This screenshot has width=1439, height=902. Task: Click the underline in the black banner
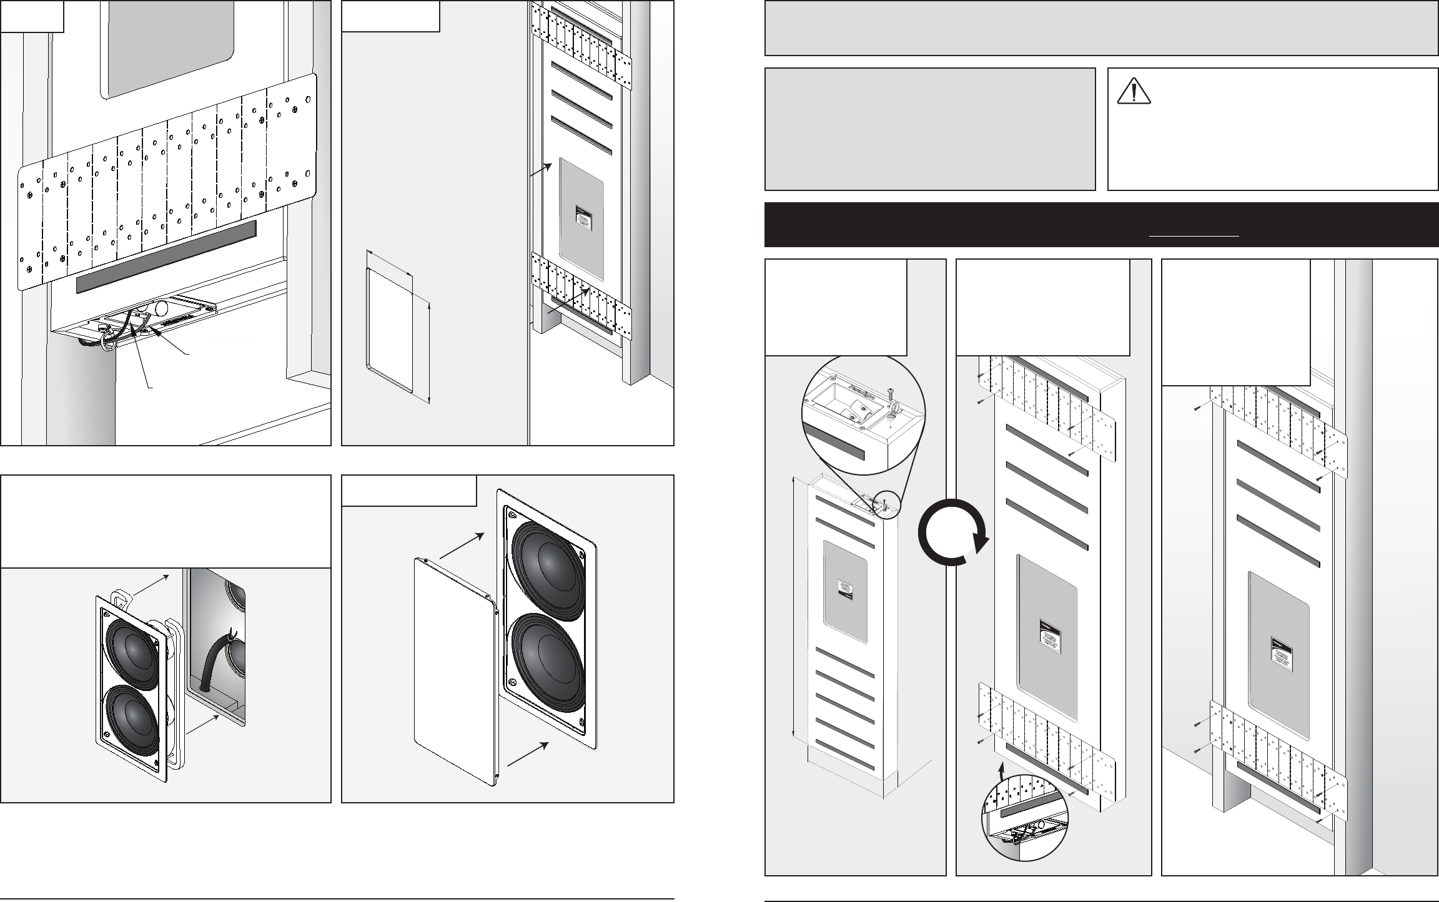[x=1194, y=236]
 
